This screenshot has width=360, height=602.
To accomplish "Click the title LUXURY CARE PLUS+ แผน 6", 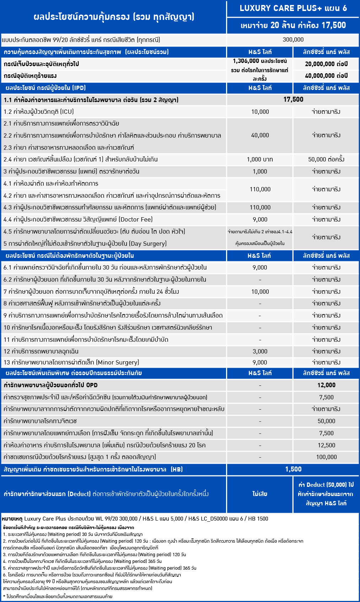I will coord(293,8).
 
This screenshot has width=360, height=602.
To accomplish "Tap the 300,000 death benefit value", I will coord(293,40).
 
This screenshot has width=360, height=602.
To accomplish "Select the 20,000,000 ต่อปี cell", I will coord(326,64).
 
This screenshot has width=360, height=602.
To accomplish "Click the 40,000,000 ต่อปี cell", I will coord(326,76).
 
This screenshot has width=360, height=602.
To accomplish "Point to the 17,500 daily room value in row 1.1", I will coord(293,100).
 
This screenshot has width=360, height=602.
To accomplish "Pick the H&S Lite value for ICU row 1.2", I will coord(260,112).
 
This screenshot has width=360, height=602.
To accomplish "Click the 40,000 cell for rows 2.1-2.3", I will coord(260,135).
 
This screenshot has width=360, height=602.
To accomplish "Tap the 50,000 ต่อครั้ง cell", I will coord(326,159).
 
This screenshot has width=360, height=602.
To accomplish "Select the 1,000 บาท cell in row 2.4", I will coord(260,159).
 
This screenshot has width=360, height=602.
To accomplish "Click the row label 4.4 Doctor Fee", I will coord(78,219).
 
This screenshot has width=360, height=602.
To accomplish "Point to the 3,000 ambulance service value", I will coord(260,351).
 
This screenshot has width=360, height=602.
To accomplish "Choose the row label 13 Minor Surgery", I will coord(71,362).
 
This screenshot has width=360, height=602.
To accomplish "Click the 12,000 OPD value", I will coord(326,385).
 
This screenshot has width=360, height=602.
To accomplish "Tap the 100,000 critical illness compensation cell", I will coord(326,457).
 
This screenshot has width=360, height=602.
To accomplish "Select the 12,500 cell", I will coord(326,445).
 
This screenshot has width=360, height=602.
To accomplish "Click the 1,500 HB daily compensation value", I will coord(293,469).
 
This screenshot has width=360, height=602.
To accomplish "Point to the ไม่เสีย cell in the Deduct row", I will coord(260,494).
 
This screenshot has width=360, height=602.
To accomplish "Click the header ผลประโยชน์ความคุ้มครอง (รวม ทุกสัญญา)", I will coord(114,17).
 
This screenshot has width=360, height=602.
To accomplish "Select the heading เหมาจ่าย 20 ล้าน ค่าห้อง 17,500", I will coord(293,25).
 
